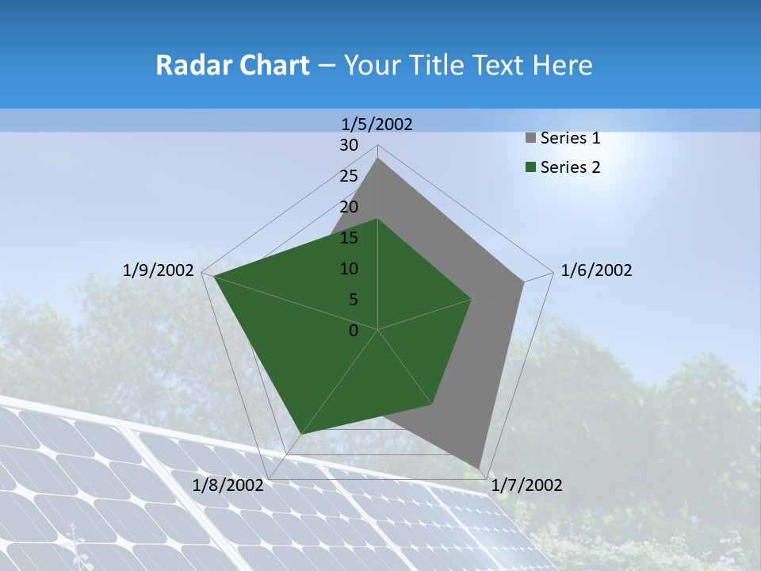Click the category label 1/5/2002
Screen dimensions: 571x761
(x=377, y=124)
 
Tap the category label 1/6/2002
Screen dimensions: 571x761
(x=596, y=270)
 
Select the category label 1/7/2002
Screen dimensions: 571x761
(x=526, y=485)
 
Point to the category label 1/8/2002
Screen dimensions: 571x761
(x=228, y=485)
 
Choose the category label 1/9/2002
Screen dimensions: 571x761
(x=159, y=270)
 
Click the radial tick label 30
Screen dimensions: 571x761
(x=349, y=145)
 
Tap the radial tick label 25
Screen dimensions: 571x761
(x=349, y=176)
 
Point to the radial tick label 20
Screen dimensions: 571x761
(x=349, y=207)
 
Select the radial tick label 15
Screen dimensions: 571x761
(x=349, y=238)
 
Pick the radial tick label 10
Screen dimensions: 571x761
(x=349, y=269)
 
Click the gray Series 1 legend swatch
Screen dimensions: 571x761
(x=531, y=139)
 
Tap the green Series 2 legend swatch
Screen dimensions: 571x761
(x=531, y=167)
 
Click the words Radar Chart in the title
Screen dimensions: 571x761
(x=232, y=65)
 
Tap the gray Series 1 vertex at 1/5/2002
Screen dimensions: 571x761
(x=378, y=158)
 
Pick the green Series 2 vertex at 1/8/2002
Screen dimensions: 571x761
(x=301, y=434)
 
